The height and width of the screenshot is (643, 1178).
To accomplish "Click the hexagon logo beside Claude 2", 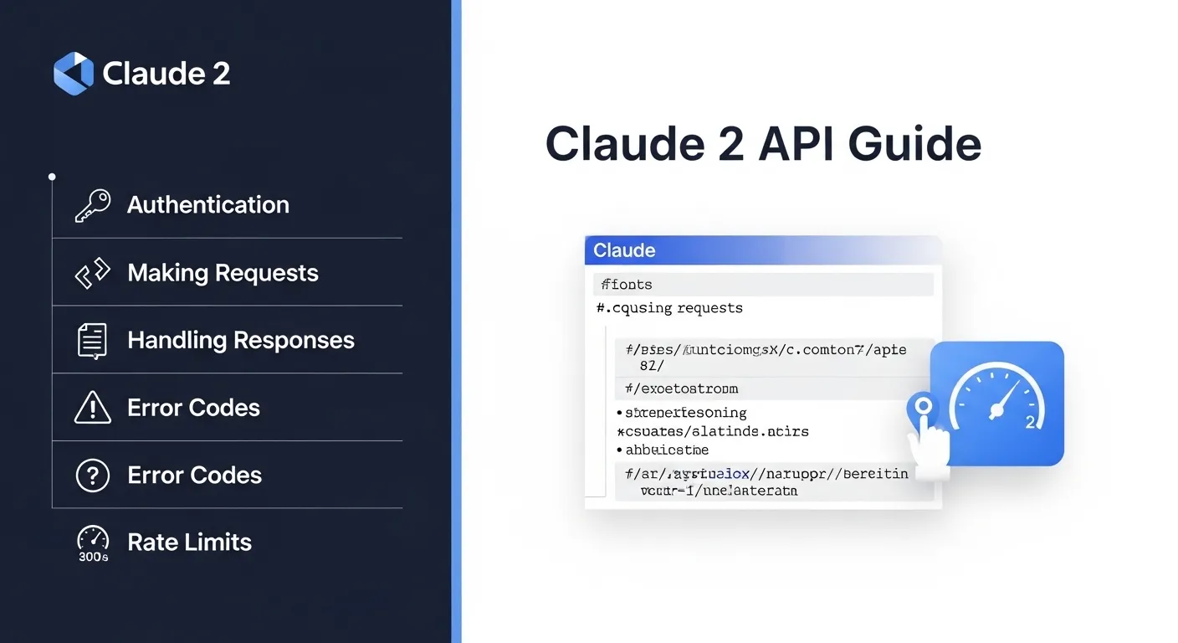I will [74, 73].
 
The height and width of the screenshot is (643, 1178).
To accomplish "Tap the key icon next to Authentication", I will [92, 205].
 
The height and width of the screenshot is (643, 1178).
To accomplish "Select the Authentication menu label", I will [207, 205].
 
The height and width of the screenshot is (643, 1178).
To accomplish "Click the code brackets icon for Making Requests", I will [92, 273].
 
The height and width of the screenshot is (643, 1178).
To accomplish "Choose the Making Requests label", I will [223, 273].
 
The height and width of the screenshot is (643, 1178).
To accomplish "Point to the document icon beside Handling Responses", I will [92, 341].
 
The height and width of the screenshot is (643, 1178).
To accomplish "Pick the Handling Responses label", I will [241, 341].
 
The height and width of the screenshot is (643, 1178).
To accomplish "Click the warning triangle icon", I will [92, 408].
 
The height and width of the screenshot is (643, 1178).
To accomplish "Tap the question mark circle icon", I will [92, 476].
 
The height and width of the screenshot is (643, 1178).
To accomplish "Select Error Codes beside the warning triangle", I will [193, 408].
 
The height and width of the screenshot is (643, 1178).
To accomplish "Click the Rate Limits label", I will [189, 543].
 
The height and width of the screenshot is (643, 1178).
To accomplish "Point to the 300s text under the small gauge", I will [93, 557].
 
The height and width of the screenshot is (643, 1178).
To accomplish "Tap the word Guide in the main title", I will [914, 144].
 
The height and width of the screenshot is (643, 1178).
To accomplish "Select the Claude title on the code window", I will [624, 250].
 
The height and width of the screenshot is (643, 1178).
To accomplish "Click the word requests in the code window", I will [709, 308].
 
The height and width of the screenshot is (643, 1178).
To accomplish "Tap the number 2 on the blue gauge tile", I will [1030, 423].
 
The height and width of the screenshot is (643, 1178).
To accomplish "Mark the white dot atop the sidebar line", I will [52, 177].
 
